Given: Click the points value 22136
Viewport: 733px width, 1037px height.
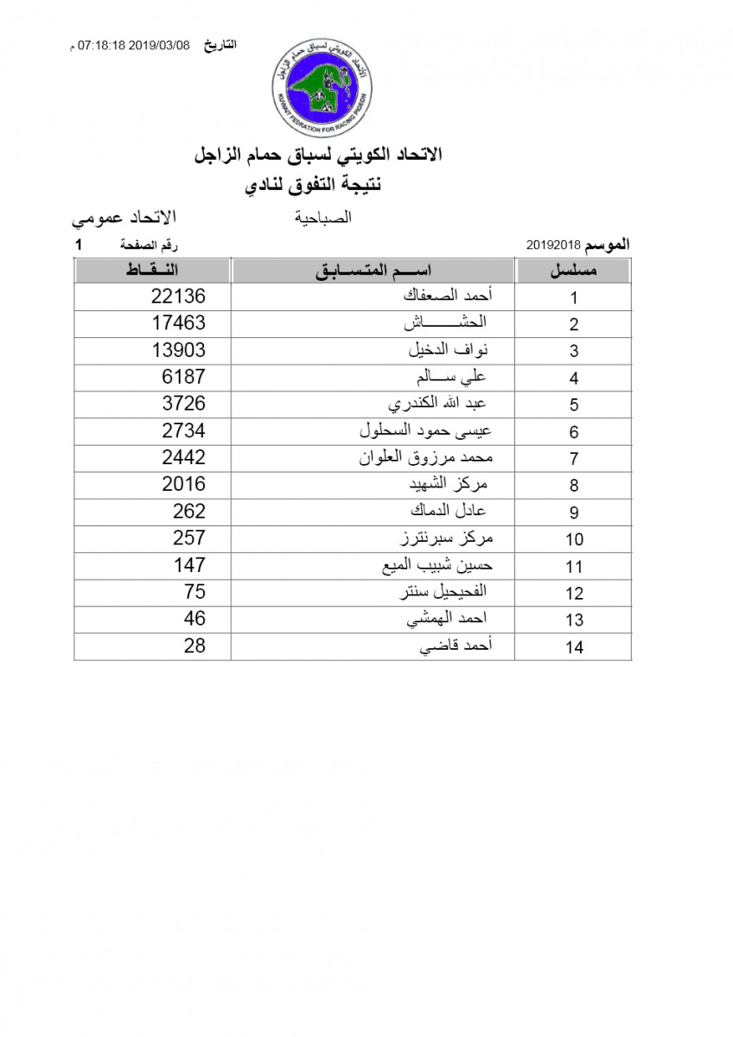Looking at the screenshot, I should click(178, 296).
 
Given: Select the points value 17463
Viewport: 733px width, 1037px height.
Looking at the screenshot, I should click(178, 323).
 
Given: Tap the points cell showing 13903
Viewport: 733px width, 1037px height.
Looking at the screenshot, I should click(178, 350).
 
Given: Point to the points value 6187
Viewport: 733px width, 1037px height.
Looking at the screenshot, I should click(183, 377).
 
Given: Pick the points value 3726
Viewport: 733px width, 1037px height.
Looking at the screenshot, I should click(183, 404).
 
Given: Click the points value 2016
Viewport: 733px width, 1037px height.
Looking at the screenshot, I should click(183, 484).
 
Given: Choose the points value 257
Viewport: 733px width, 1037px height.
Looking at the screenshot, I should click(188, 538).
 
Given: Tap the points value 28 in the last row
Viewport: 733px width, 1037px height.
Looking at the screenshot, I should click(194, 645).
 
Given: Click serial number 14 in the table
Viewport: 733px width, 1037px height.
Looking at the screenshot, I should click(574, 647).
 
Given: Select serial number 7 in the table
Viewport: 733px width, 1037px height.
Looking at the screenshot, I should click(574, 459).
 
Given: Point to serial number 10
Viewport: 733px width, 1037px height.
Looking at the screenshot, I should click(574, 540).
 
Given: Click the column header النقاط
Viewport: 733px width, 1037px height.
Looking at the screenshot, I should click(152, 270).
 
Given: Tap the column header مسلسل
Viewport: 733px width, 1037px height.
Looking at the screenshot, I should click(574, 270).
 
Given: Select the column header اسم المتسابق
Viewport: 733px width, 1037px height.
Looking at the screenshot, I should click(373, 270).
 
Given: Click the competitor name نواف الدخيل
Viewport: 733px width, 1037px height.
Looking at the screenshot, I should click(449, 350).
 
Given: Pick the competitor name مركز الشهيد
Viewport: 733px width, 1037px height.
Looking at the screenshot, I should click(452, 484).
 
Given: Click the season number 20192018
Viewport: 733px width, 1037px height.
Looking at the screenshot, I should click(553, 245).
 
